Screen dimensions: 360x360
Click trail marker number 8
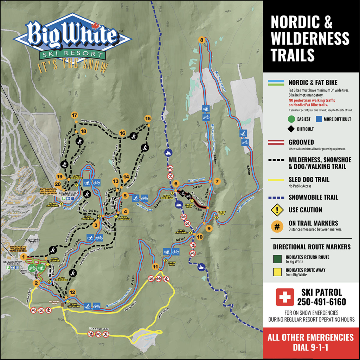pyautogui.click(x=201, y=40)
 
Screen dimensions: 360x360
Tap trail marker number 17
pyautogui.click(x=74, y=115)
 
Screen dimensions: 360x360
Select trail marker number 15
pyautogui.click(x=148, y=118)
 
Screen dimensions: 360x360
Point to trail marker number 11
pyautogui.click(x=155, y=266)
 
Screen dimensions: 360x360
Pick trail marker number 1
pyautogui.click(x=24, y=257)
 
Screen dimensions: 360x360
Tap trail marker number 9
pyautogui.click(x=209, y=228)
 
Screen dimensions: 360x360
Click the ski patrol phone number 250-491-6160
pyautogui.click(x=321, y=302)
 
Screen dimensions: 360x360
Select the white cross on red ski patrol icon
pyautogui.click(x=284, y=297)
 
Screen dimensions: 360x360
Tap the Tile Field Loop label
pyautogui.click(x=99, y=329)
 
